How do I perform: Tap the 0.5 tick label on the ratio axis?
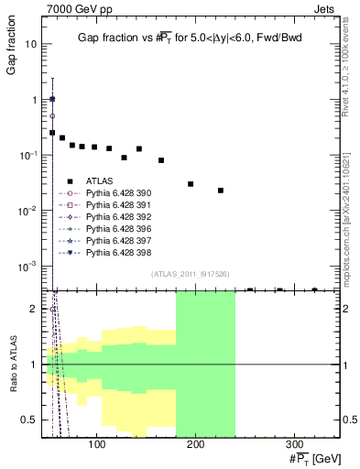coord(30,420)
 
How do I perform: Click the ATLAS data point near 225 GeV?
coord(221,191)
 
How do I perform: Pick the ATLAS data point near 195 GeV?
coord(191,184)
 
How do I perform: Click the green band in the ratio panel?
coord(205,366)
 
